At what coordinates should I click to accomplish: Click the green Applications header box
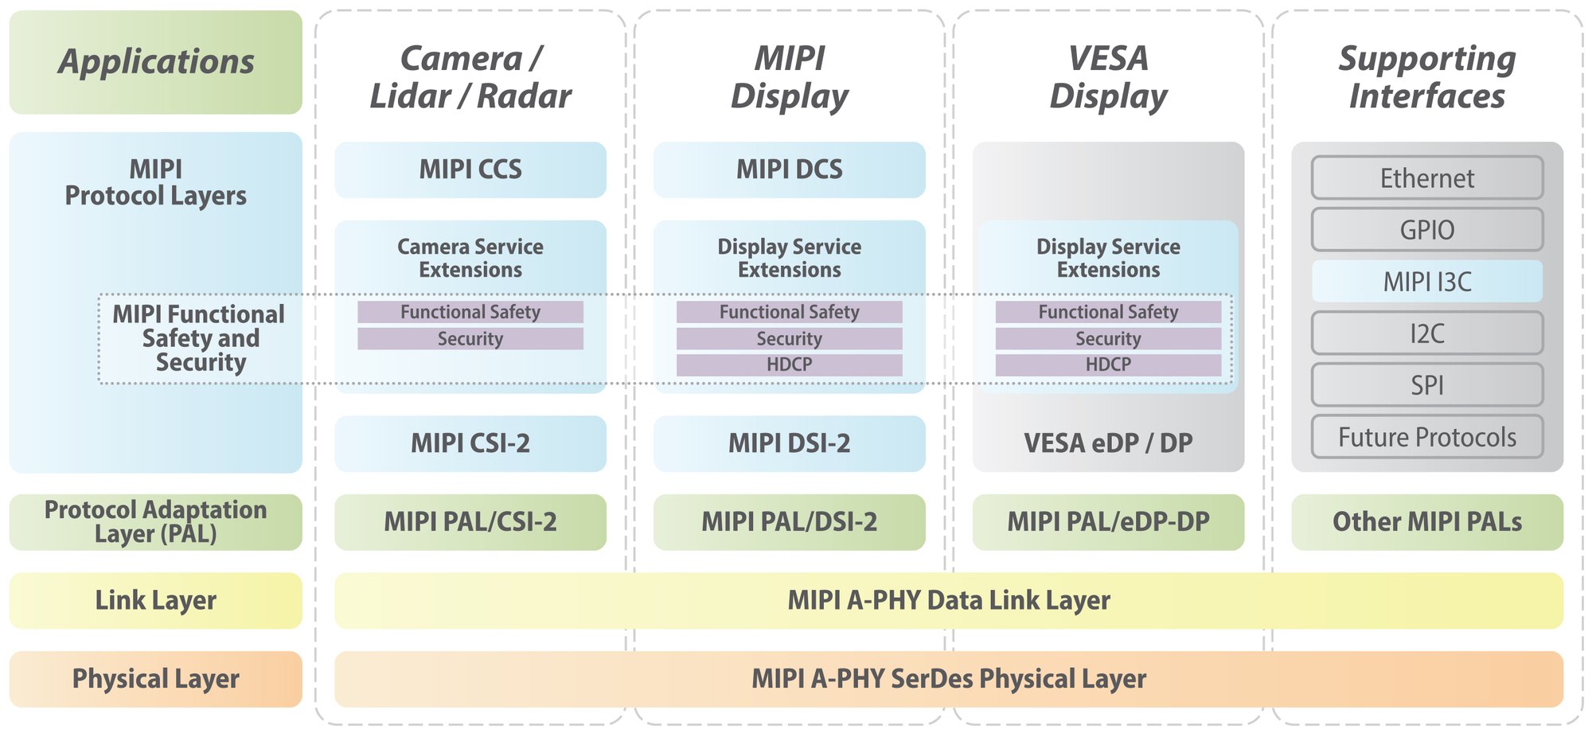tap(156, 62)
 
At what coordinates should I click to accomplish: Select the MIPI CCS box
tap(470, 170)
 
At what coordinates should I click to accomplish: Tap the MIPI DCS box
tap(789, 170)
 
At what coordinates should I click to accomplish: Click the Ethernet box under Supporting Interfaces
tap(1426, 178)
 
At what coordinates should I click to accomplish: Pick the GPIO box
tap(1426, 230)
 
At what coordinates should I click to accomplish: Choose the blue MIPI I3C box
tap(1426, 282)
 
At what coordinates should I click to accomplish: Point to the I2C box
tap(1426, 333)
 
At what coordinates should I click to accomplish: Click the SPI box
tap(1426, 385)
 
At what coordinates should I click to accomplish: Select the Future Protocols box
tap(1426, 437)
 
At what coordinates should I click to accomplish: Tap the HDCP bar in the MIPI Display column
tap(789, 365)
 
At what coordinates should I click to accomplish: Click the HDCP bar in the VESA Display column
tap(1108, 365)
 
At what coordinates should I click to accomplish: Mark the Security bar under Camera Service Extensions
tap(470, 339)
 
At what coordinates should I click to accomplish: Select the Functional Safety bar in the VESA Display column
tap(1108, 312)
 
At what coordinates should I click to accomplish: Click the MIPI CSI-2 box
tap(470, 443)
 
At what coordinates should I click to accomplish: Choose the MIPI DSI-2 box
tap(789, 443)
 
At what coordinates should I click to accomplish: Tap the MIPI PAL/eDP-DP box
tap(1108, 522)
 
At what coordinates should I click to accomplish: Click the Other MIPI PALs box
tap(1426, 522)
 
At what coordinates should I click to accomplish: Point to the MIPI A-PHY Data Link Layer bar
tap(949, 600)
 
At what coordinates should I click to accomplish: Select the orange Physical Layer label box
tap(156, 679)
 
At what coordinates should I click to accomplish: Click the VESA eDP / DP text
tap(1108, 443)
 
